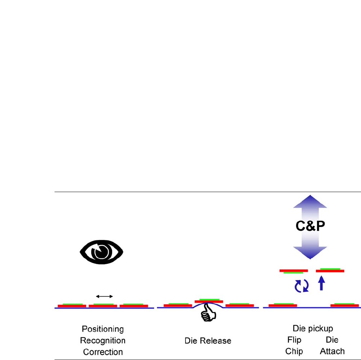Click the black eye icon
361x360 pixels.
click(x=101, y=251)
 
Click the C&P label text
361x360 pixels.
click(x=310, y=227)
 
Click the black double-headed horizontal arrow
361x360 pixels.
click(x=104, y=296)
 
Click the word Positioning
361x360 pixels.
click(x=103, y=329)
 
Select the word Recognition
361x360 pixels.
click(x=103, y=341)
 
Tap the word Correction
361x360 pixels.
click(x=103, y=352)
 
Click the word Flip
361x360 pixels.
click(x=294, y=340)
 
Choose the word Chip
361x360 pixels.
click(x=294, y=351)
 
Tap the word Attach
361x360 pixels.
click(x=332, y=351)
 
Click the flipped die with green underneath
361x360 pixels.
click(x=293, y=271)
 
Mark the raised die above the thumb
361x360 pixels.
click(x=209, y=301)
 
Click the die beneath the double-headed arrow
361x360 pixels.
click(x=103, y=306)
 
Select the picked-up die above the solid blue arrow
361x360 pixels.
click(x=330, y=270)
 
